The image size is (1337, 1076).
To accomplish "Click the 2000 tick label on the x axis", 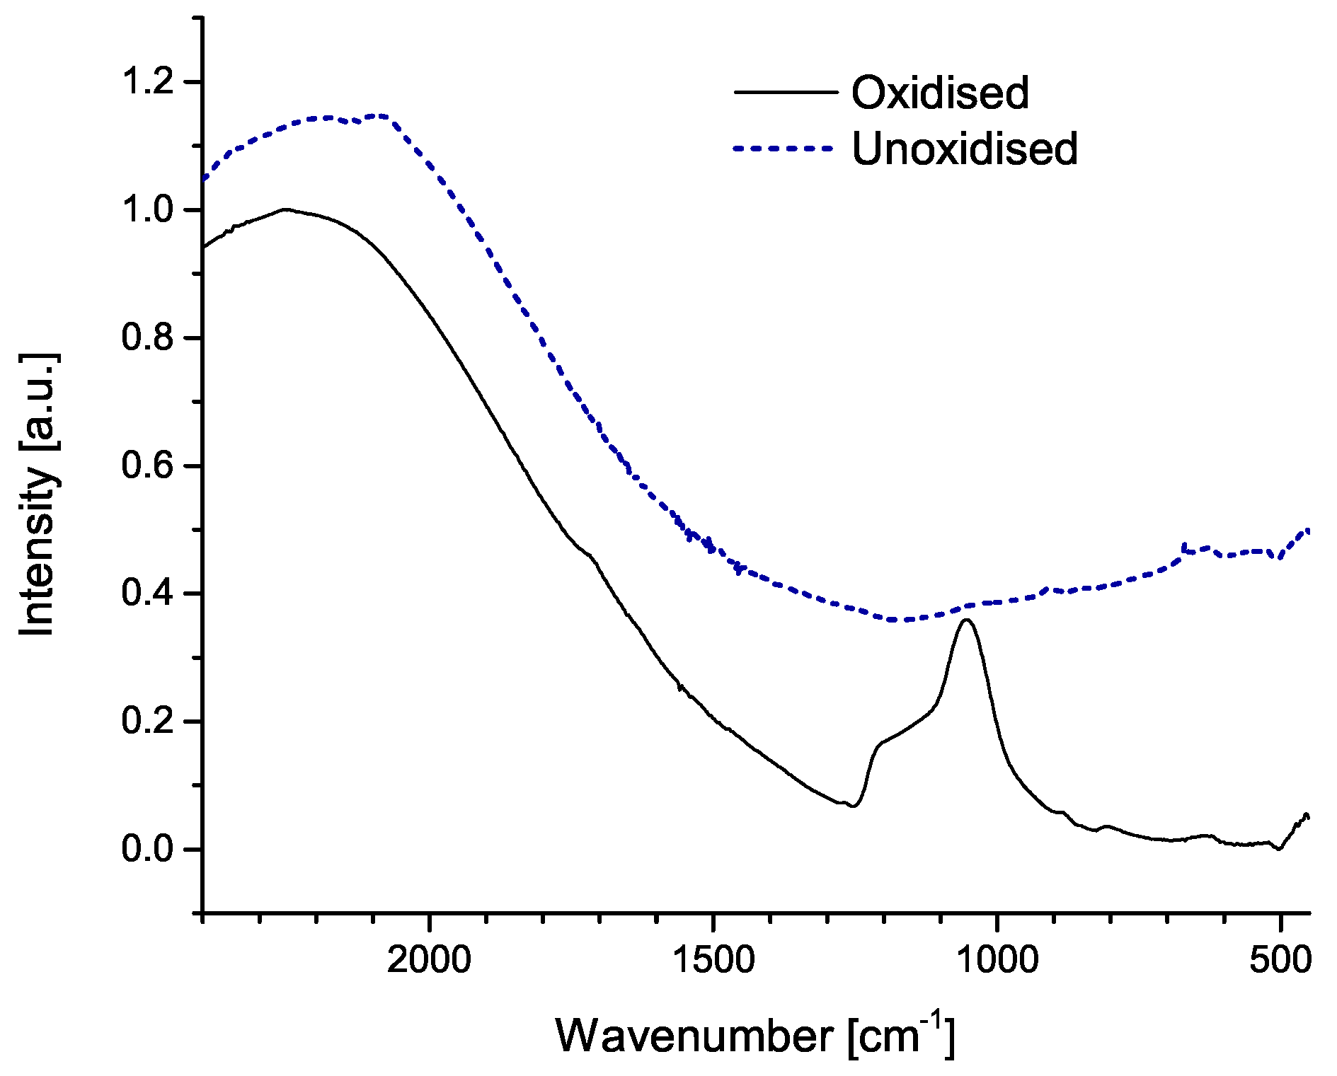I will tap(429, 960).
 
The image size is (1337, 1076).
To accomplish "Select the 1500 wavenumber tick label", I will tap(713, 960).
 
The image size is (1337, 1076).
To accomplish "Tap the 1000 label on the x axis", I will tap(997, 960).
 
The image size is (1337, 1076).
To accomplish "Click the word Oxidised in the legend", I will tap(940, 93).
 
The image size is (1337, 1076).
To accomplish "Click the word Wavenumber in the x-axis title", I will tap(694, 1037).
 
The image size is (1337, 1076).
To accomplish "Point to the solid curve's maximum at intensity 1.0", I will tap(285, 209).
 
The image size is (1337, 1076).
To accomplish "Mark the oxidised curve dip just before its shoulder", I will tap(854, 806).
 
